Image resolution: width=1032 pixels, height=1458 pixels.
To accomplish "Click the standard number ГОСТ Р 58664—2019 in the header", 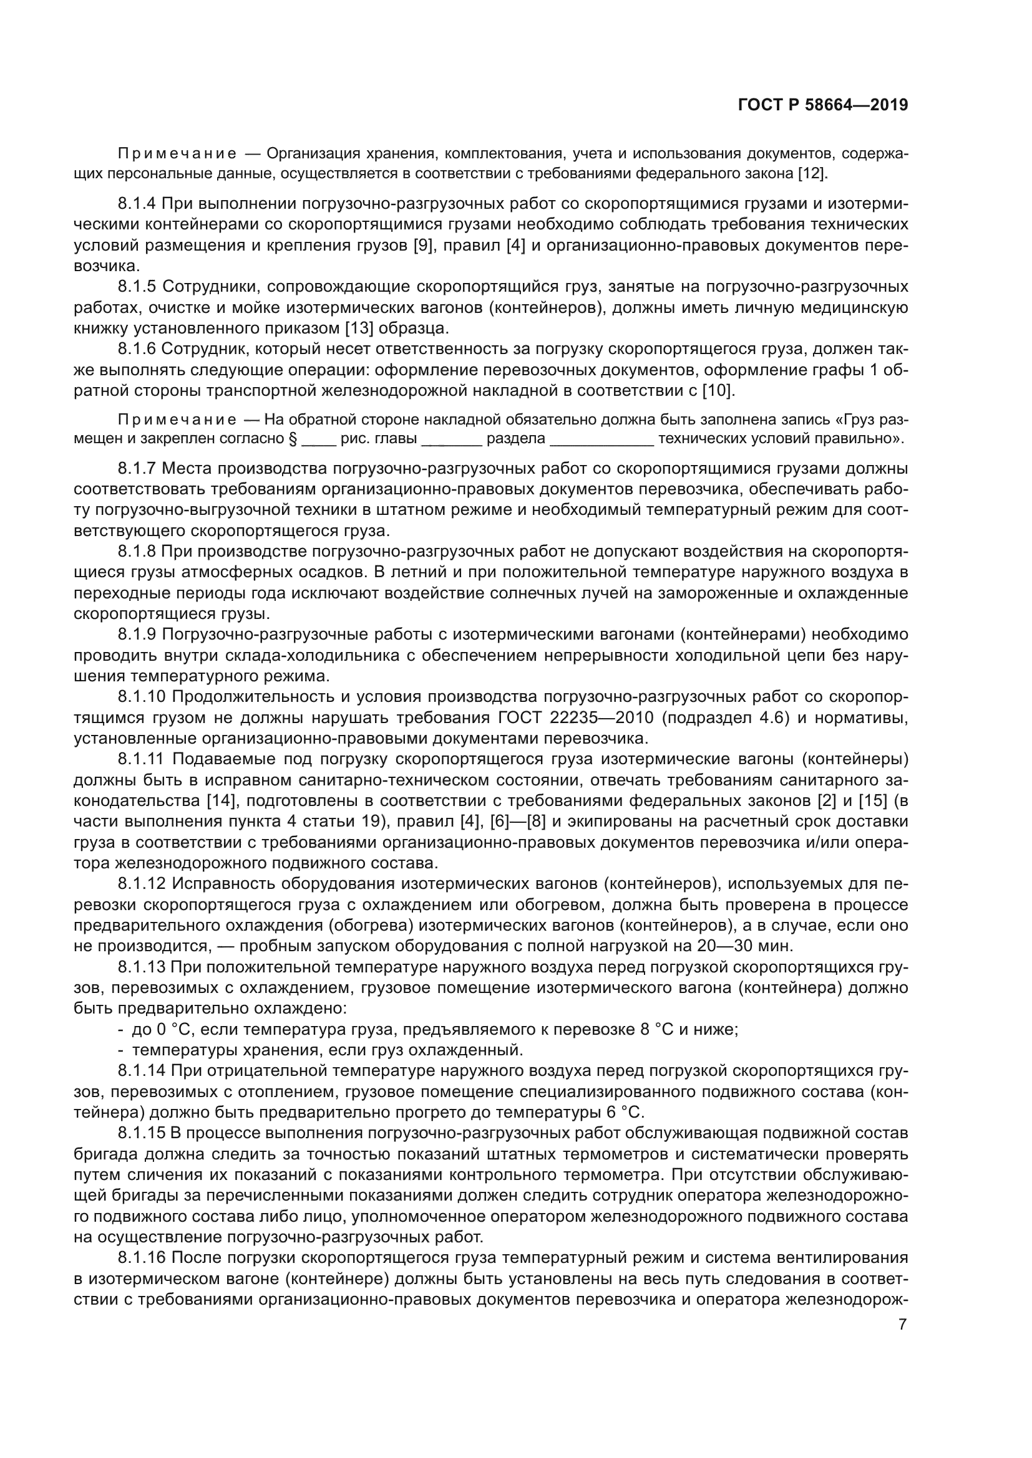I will click(x=823, y=105).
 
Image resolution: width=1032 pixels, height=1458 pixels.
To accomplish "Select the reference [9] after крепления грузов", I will click(x=423, y=246).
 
